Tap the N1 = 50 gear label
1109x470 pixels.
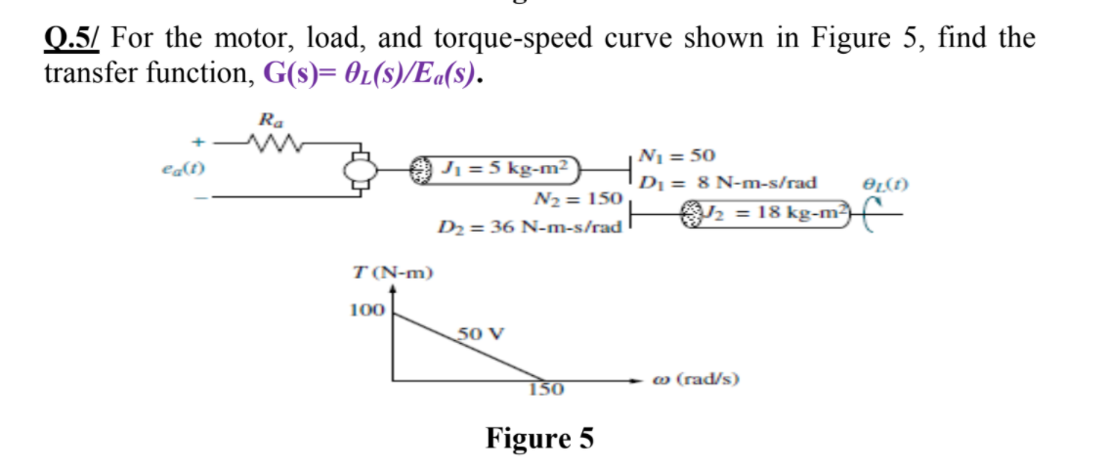[675, 155]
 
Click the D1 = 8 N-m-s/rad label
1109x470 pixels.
[728, 182]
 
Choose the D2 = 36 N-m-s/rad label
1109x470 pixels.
[529, 228]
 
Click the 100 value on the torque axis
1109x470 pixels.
[366, 310]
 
